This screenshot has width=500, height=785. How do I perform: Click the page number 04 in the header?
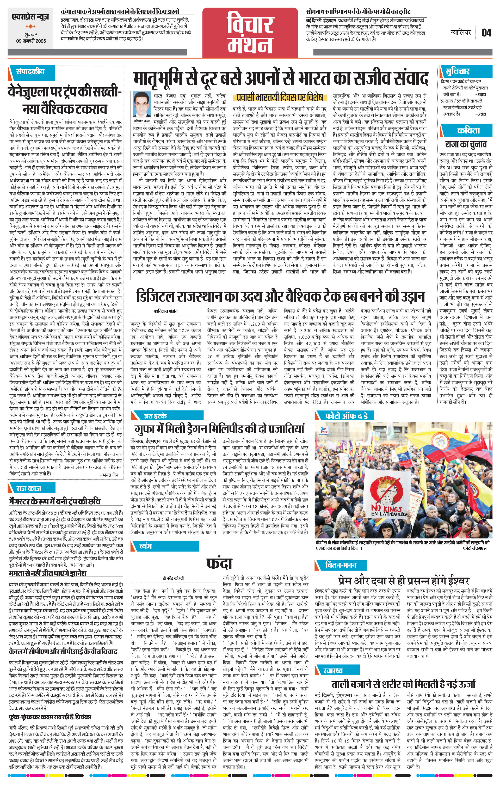[486, 33]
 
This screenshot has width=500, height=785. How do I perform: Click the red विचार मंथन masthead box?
[250, 31]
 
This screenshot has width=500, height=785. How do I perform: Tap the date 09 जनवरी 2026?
[31, 41]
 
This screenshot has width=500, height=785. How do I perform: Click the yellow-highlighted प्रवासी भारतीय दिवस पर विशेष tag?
[279, 97]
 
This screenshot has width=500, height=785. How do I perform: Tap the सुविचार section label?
[457, 71]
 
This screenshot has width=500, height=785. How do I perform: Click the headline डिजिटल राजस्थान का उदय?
[280, 296]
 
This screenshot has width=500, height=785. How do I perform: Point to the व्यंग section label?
[145, 546]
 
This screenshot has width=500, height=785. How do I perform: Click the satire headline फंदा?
[219, 563]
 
